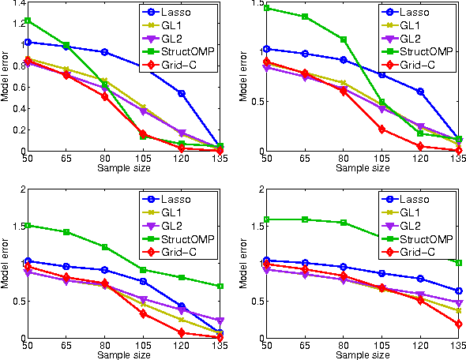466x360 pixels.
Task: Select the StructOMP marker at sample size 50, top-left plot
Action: [28, 21]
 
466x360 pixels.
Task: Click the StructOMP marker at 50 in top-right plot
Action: [266, 8]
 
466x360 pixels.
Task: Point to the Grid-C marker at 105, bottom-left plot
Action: [143, 313]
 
